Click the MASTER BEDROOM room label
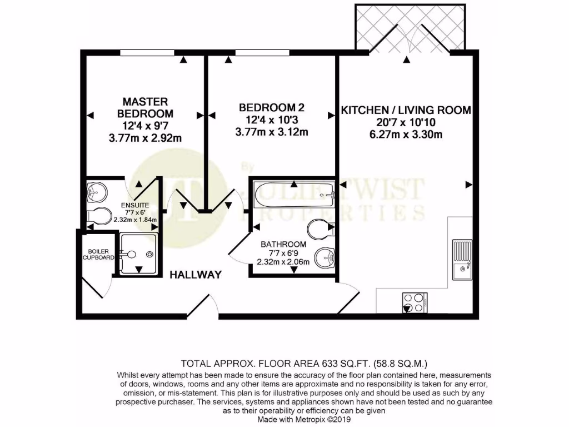145,107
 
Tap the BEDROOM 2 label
272,107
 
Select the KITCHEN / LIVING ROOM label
406,110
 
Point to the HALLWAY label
196,275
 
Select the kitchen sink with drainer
462,260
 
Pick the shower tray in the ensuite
138,254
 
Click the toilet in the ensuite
98,216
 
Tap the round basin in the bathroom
325,258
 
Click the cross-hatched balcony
411,28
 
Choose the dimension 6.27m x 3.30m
406,135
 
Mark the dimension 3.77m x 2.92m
145,138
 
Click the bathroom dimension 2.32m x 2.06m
284,261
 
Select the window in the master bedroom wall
147,53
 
